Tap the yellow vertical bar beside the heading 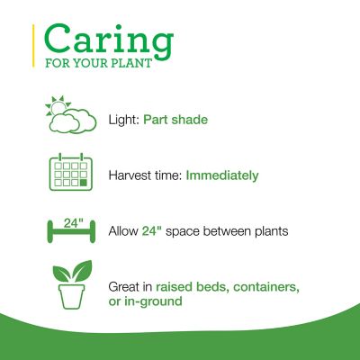click(x=34, y=47)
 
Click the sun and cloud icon click(x=71, y=118)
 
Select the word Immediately click(x=222, y=175)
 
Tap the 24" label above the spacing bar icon click(x=72, y=222)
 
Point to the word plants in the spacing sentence click(x=268, y=231)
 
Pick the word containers click(x=265, y=286)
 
